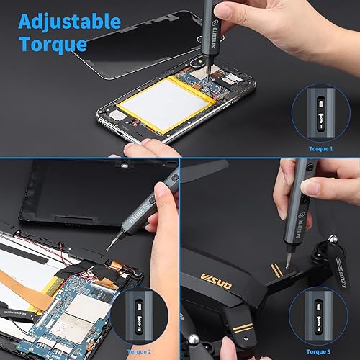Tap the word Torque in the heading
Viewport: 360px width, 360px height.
point(53,44)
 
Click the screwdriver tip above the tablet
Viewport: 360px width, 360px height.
point(108,248)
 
